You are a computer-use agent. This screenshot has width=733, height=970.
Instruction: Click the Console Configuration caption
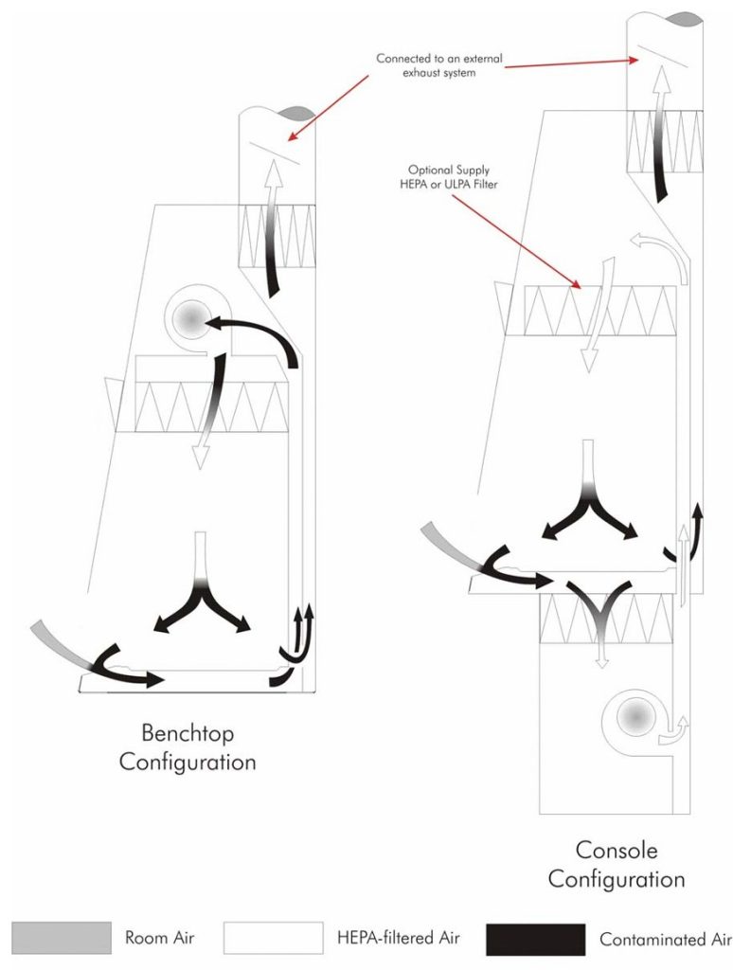point(617,864)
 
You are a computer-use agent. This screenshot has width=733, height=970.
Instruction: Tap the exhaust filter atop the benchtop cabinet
point(276,227)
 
